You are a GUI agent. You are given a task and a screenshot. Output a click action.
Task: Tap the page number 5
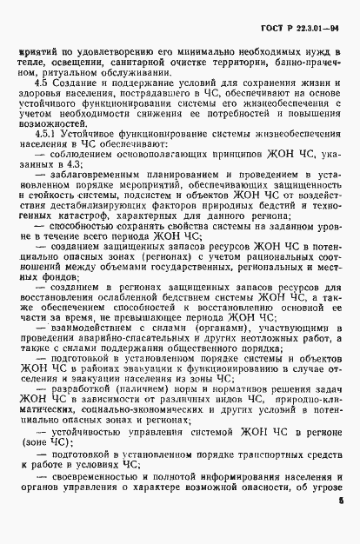click(341, 501)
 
